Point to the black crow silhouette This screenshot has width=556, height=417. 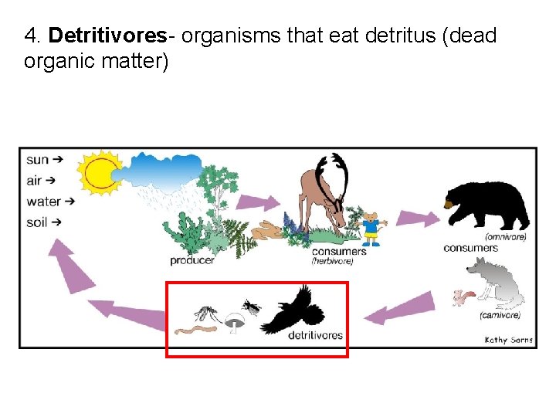click(x=295, y=310)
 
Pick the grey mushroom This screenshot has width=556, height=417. click(x=234, y=319)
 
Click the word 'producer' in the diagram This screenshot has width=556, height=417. click(x=192, y=260)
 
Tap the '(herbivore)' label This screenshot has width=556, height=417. click(x=332, y=261)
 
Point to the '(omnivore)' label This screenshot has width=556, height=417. click(x=506, y=236)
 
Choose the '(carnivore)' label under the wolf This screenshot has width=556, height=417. click(x=500, y=315)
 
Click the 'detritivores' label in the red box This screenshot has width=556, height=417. click(x=315, y=334)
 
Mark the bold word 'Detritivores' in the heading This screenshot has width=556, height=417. click(x=107, y=36)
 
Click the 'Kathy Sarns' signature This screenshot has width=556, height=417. click(x=508, y=340)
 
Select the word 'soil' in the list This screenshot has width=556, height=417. click(x=37, y=222)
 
